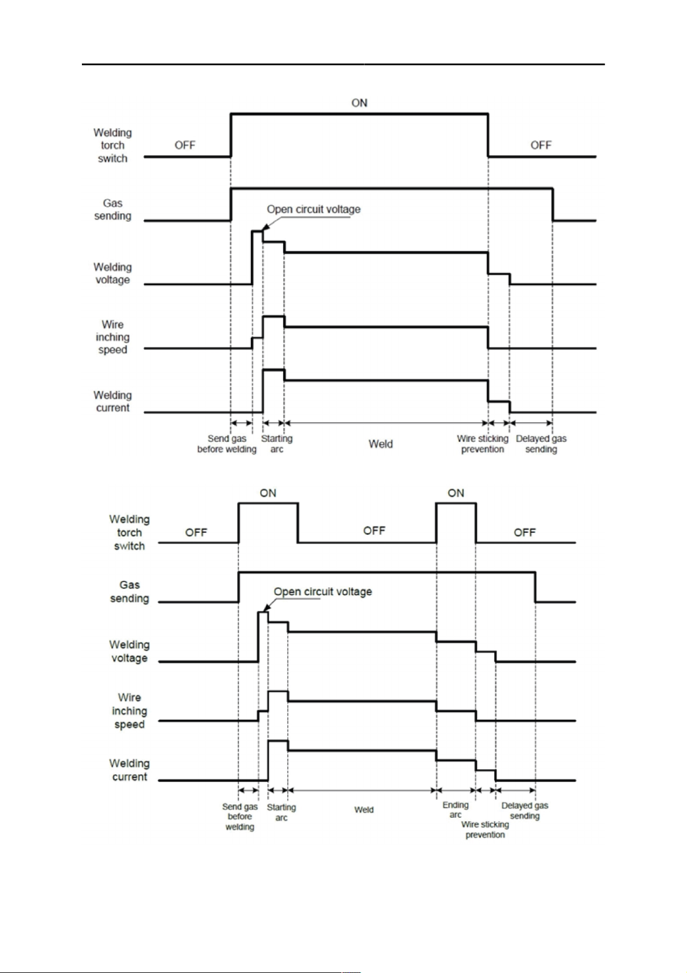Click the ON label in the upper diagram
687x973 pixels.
point(359,103)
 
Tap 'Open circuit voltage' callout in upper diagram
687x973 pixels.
point(313,209)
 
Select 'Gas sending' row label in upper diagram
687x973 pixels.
point(112,210)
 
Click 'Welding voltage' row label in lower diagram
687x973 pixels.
point(129,651)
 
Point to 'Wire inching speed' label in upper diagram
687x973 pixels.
point(112,337)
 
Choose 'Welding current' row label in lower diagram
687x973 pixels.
point(129,770)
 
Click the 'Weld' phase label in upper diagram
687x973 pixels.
point(381,444)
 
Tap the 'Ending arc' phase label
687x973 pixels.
point(455,810)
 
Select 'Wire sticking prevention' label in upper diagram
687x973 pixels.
point(483,444)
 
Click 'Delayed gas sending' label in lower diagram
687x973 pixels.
point(524,811)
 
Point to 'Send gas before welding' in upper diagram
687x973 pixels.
point(227,444)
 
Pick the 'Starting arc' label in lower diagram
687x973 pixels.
point(281,812)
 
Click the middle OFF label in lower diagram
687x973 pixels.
point(374,531)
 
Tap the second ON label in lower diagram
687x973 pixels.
point(456,493)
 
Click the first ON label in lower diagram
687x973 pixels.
point(268,493)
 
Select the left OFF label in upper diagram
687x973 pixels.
point(185,145)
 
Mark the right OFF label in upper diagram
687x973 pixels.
point(540,145)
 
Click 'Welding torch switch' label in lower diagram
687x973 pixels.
point(129,532)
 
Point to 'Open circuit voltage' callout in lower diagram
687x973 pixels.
point(322,592)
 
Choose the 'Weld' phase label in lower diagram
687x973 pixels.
point(364,810)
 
